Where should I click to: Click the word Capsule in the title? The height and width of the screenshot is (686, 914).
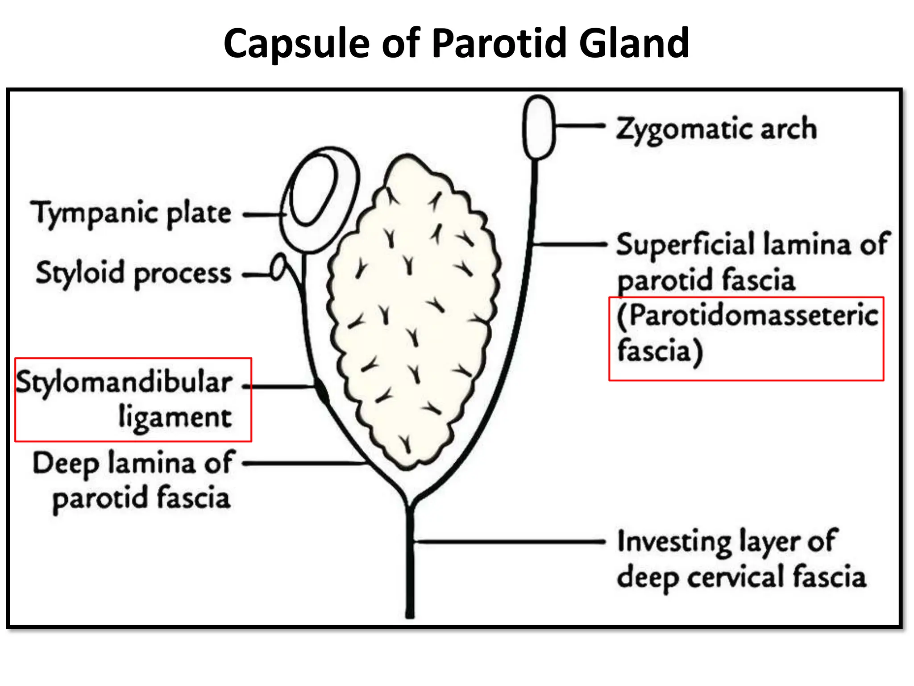pos(297,44)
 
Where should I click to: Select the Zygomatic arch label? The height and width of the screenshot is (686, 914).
pos(716,129)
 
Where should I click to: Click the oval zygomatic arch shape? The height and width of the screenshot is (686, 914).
pos(538,128)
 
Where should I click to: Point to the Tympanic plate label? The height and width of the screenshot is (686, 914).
pos(131,213)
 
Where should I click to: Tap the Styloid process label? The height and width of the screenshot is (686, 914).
pos(133,273)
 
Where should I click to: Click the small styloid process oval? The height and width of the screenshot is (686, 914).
pos(278,267)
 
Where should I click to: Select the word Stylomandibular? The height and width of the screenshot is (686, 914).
pos(124,383)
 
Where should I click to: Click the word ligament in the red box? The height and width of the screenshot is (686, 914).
pos(175,418)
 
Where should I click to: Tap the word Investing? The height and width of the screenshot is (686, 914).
pos(674,542)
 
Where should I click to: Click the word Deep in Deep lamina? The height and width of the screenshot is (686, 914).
pos(66,464)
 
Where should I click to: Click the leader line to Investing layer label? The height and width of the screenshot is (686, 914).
pos(509,541)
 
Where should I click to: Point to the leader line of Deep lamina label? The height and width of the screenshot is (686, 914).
pos(303,464)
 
